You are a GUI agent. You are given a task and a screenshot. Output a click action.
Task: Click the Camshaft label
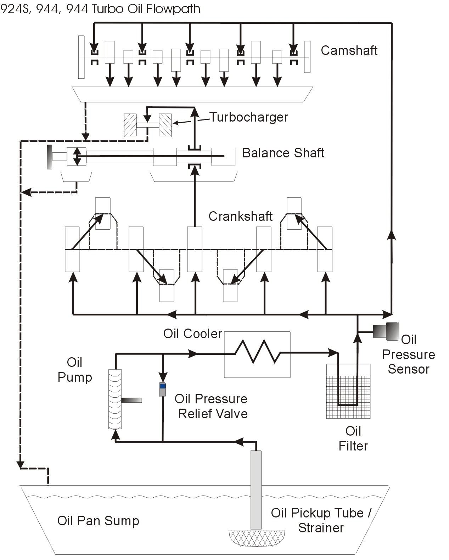pos(349,50)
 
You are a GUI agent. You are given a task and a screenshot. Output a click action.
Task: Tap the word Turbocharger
pos(249,117)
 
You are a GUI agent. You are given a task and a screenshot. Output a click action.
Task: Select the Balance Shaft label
pos(283,153)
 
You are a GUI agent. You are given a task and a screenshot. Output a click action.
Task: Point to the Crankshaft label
pos(240,216)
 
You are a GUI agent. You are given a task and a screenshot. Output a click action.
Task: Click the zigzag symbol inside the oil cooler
pos(258,352)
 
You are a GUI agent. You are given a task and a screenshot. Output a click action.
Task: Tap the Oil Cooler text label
pos(192,334)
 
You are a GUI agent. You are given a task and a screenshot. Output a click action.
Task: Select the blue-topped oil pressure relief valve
pos(163,390)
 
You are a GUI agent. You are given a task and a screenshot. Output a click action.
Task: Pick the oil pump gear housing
pos(115,399)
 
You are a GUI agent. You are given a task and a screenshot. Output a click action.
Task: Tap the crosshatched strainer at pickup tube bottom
pos(257,538)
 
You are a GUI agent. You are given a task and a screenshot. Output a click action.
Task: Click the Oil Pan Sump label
pos(98,521)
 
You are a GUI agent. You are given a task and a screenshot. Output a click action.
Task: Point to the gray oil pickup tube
pos(256,489)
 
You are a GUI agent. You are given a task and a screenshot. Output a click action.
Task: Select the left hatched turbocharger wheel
pos(130,125)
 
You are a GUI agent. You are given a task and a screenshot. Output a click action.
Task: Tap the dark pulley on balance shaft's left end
pos(50,157)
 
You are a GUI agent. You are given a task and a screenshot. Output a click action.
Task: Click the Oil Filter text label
pos(353,438)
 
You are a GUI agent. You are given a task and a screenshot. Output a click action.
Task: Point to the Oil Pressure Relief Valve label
pos(212,406)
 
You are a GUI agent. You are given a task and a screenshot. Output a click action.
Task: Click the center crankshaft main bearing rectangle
pos(195,249)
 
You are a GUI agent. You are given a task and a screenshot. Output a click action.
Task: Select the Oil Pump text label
pos(75,370)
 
